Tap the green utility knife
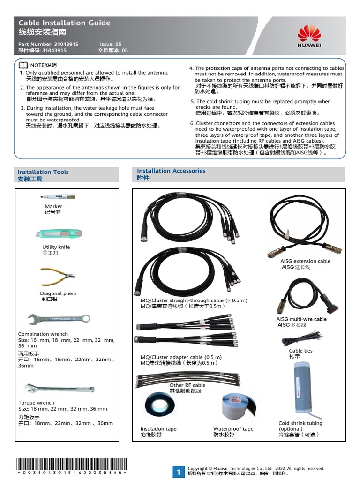(59, 233)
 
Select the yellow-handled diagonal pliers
(58, 277)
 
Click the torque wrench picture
(59, 389)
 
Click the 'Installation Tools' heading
(43, 172)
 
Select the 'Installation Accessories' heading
(171, 171)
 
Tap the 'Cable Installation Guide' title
(64, 22)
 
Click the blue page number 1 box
(179, 472)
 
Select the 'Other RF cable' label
(187, 385)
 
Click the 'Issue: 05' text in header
(111, 44)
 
